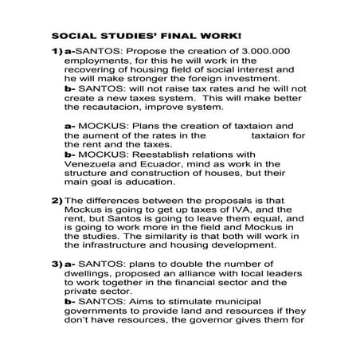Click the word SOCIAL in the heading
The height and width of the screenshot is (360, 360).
point(72,36)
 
